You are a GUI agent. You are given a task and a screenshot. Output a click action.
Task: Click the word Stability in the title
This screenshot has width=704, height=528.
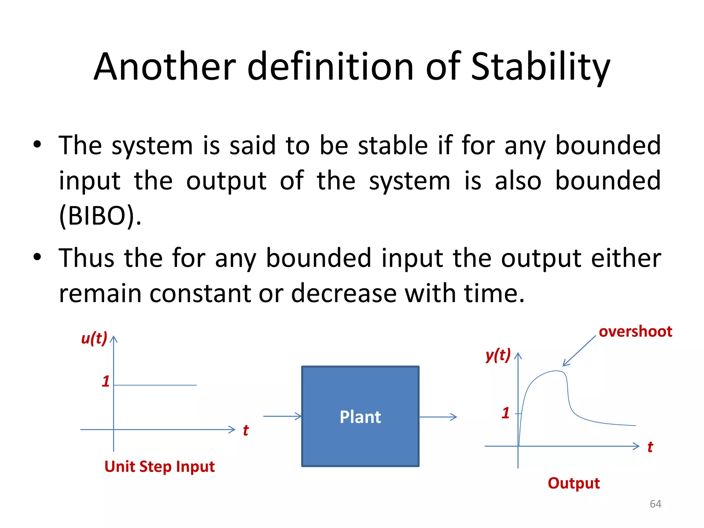tap(540, 67)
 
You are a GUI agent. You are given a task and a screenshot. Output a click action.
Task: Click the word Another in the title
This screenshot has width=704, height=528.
tap(165, 67)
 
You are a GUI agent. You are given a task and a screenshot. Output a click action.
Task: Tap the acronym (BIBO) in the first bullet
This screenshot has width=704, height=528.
tap(100, 216)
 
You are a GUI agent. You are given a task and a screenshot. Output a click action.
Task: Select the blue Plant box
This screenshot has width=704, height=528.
tap(360, 416)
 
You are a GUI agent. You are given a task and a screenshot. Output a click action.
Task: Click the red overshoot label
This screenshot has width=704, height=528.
tap(635, 332)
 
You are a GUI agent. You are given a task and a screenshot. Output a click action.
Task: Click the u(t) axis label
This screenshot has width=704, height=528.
tap(94, 338)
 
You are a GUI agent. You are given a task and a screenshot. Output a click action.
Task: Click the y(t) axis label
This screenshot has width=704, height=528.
tap(498, 355)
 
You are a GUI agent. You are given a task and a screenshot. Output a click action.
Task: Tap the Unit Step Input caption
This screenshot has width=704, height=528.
tap(159, 467)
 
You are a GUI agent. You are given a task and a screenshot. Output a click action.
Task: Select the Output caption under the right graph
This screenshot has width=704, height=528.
tap(574, 483)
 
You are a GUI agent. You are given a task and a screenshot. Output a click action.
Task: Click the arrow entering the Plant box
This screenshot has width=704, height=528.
tap(282, 416)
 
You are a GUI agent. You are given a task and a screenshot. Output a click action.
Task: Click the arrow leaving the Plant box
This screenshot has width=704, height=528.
tap(438, 417)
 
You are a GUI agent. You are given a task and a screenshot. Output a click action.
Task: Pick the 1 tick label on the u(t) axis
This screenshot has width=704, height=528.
tap(106, 382)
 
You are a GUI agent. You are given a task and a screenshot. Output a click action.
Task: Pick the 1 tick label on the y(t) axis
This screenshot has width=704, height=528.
tap(505, 413)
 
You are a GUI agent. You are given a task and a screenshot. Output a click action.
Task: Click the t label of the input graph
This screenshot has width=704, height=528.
tap(245, 430)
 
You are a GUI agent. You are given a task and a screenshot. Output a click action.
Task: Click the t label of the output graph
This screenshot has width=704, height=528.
tap(650, 447)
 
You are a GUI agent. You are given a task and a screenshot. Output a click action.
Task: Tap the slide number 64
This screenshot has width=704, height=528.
tap(655, 504)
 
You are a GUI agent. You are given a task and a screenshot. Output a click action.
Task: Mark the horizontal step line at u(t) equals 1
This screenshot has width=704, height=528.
tap(155, 385)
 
